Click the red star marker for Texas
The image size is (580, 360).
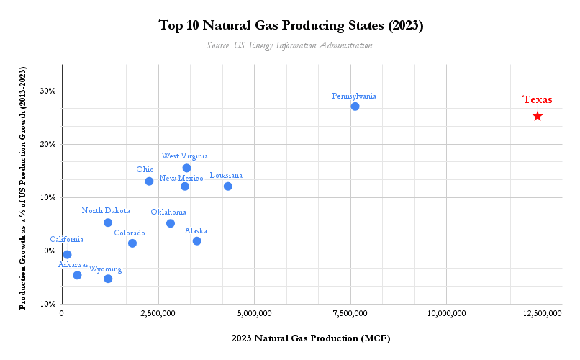tap(538, 116)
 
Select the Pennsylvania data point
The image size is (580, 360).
tap(355, 107)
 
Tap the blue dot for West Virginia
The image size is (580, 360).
tap(186, 168)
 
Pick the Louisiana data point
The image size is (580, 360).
tap(228, 186)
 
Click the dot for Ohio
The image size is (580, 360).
tap(149, 181)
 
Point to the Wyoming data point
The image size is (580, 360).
tap(108, 279)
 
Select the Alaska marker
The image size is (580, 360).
tap(196, 241)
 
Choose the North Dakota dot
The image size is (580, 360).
tap(108, 222)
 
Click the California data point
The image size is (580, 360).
tap(67, 255)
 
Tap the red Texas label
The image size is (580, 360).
tap(538, 100)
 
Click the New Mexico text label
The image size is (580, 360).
tap(181, 178)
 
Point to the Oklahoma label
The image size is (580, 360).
tap(168, 212)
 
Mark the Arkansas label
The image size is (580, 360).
tap(73, 265)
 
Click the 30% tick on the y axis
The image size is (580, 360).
tap(47, 91)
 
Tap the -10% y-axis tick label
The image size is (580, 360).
tap(46, 304)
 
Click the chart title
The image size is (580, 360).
tap(290, 26)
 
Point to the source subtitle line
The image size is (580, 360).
tap(289, 45)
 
